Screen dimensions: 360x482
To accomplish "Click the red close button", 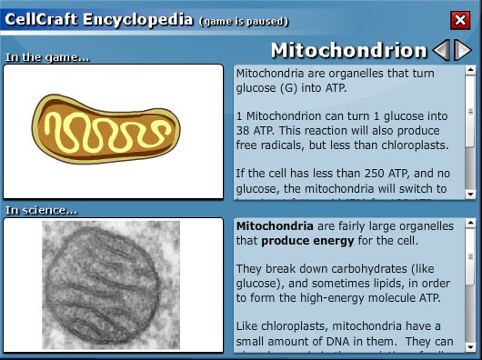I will click(x=460, y=20).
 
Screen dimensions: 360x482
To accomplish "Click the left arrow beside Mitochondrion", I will click(x=441, y=50).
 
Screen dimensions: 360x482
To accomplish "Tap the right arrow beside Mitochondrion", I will click(x=462, y=50).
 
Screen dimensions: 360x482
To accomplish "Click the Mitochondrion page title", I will click(x=348, y=50).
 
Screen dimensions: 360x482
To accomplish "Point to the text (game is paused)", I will click(x=244, y=20).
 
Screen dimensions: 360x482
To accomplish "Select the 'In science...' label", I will click(x=40, y=211).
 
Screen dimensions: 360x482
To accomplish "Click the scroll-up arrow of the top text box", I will click(x=469, y=70).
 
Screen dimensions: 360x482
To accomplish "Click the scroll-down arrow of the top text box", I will click(x=469, y=193).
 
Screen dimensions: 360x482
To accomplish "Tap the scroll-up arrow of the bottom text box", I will click(x=469, y=224).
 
